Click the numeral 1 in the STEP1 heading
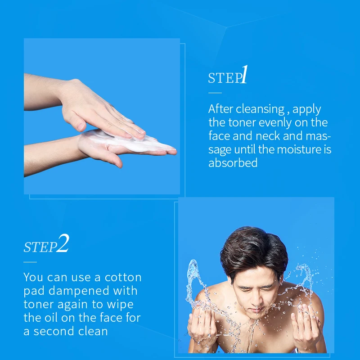(244, 75)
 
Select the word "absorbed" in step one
(233, 162)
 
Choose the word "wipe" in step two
(122, 304)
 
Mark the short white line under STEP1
(215, 92)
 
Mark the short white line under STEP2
(30, 261)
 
